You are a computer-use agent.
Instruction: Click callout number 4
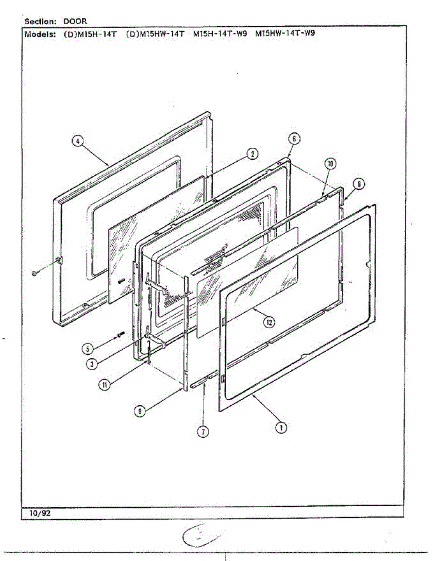pos(78,142)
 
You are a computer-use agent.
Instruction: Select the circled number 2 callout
pos(252,154)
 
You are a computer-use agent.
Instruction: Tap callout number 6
pos(294,138)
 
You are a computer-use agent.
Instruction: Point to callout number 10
pos(330,164)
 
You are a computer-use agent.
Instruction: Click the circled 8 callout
pos(358,184)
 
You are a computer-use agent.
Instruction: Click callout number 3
pos(94,363)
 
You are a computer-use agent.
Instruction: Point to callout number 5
pos(86,348)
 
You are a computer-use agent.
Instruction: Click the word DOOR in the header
pos(75,22)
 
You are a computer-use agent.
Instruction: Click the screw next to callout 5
pos(121,334)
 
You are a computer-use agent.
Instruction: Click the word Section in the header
pos(40,22)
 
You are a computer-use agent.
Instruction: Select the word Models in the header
pos(40,34)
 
